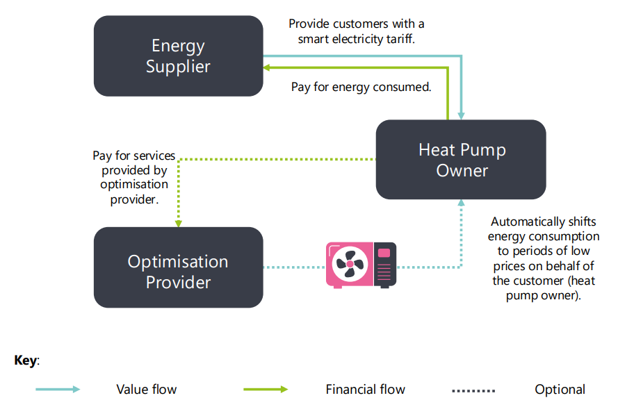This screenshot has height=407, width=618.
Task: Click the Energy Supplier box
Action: tap(178, 56)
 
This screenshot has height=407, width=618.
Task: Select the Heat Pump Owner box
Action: tap(461, 160)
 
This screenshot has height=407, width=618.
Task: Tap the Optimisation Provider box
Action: tap(178, 267)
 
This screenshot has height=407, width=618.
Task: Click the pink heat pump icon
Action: tap(361, 265)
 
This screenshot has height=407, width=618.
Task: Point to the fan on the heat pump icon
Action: tap(350, 265)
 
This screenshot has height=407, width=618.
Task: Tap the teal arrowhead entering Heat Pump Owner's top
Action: tap(461, 115)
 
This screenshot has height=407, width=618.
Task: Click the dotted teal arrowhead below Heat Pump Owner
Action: tap(461, 203)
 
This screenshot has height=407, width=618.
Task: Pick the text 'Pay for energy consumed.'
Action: tap(361, 88)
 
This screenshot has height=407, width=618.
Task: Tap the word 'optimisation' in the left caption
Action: tap(134, 185)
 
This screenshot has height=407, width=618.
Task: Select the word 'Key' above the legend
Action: tap(26, 360)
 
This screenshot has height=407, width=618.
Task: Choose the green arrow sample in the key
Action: tap(265, 390)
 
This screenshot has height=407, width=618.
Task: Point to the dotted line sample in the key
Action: tap(474, 390)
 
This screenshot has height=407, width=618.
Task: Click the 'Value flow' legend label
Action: tap(146, 390)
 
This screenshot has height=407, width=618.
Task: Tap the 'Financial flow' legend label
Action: tap(365, 390)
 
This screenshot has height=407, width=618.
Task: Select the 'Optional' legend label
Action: tap(560, 390)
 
